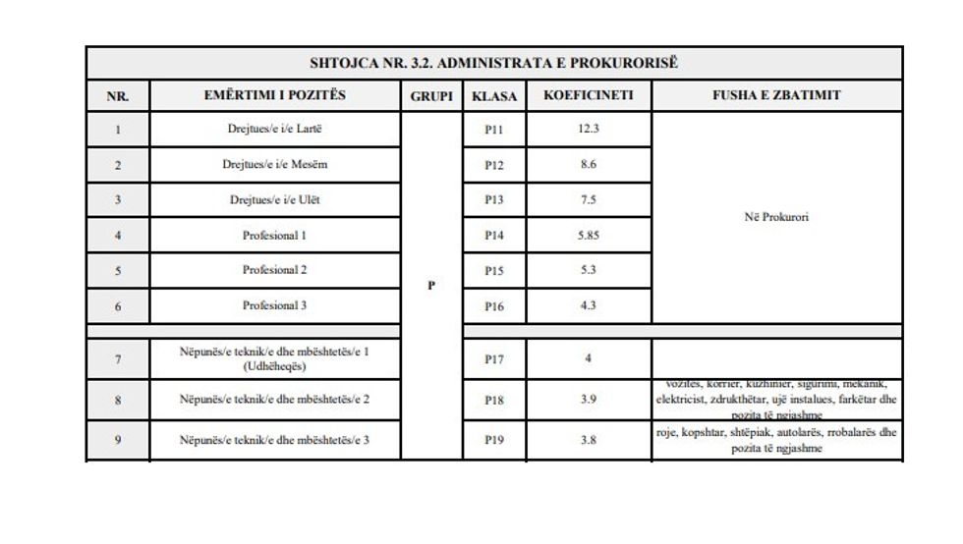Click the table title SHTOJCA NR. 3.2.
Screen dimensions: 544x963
point(494,64)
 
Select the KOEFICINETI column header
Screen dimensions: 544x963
point(588,96)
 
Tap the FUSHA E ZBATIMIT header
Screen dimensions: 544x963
point(776,96)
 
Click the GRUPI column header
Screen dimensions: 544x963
point(430,96)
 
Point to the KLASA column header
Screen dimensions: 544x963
point(493,96)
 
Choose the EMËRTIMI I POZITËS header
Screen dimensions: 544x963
point(275,96)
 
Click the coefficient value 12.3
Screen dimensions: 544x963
point(589,129)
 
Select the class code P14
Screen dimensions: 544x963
point(493,236)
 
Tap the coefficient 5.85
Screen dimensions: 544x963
point(589,236)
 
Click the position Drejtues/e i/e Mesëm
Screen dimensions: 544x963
point(275,164)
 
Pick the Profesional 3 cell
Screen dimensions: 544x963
point(275,305)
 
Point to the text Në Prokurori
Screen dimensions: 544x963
point(776,217)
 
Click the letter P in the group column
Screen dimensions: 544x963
point(430,286)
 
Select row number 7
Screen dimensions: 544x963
point(118,359)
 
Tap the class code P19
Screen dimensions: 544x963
point(493,440)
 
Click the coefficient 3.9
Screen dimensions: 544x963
point(589,400)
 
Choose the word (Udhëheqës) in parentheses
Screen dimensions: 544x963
point(275,366)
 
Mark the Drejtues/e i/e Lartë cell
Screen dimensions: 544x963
point(275,129)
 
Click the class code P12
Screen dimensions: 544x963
point(493,164)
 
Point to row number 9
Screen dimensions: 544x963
point(118,440)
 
